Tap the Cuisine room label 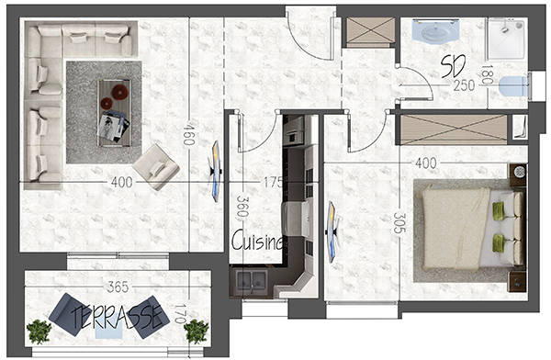click(x=257, y=241)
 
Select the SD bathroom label click(x=453, y=66)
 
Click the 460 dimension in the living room click(x=188, y=133)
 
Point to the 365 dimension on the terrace click(x=118, y=287)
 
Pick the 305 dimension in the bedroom click(x=399, y=222)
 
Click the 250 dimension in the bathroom click(x=464, y=85)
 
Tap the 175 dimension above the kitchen click(x=273, y=182)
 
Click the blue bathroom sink click(x=435, y=30)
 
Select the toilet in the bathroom click(x=513, y=86)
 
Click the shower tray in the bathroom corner click(x=507, y=39)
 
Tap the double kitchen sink click(x=251, y=280)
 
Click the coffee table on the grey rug click(x=114, y=112)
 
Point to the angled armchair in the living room click(x=156, y=167)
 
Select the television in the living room click(x=215, y=171)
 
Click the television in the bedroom click(x=332, y=231)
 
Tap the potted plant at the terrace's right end click(x=197, y=332)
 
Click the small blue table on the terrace click(x=109, y=329)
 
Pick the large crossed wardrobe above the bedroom click(x=454, y=129)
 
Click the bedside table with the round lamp click(x=518, y=174)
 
